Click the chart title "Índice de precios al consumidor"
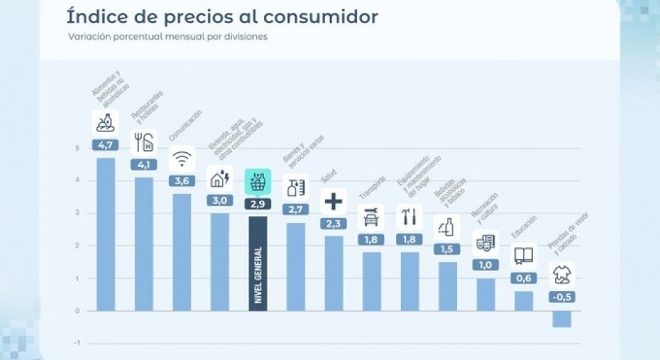222,16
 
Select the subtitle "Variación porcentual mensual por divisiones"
167,37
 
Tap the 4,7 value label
106,145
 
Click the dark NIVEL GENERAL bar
257,264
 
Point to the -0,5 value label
561,297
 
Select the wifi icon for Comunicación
181,158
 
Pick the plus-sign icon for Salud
333,202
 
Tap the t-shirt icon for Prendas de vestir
561,275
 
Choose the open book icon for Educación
523,256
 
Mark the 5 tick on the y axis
77,148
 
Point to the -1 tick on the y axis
76,343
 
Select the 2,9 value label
257,204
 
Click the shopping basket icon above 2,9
257,182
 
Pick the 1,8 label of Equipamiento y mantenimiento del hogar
409,239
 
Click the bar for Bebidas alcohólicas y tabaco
447,286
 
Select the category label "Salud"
329,177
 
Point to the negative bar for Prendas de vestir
561,319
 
